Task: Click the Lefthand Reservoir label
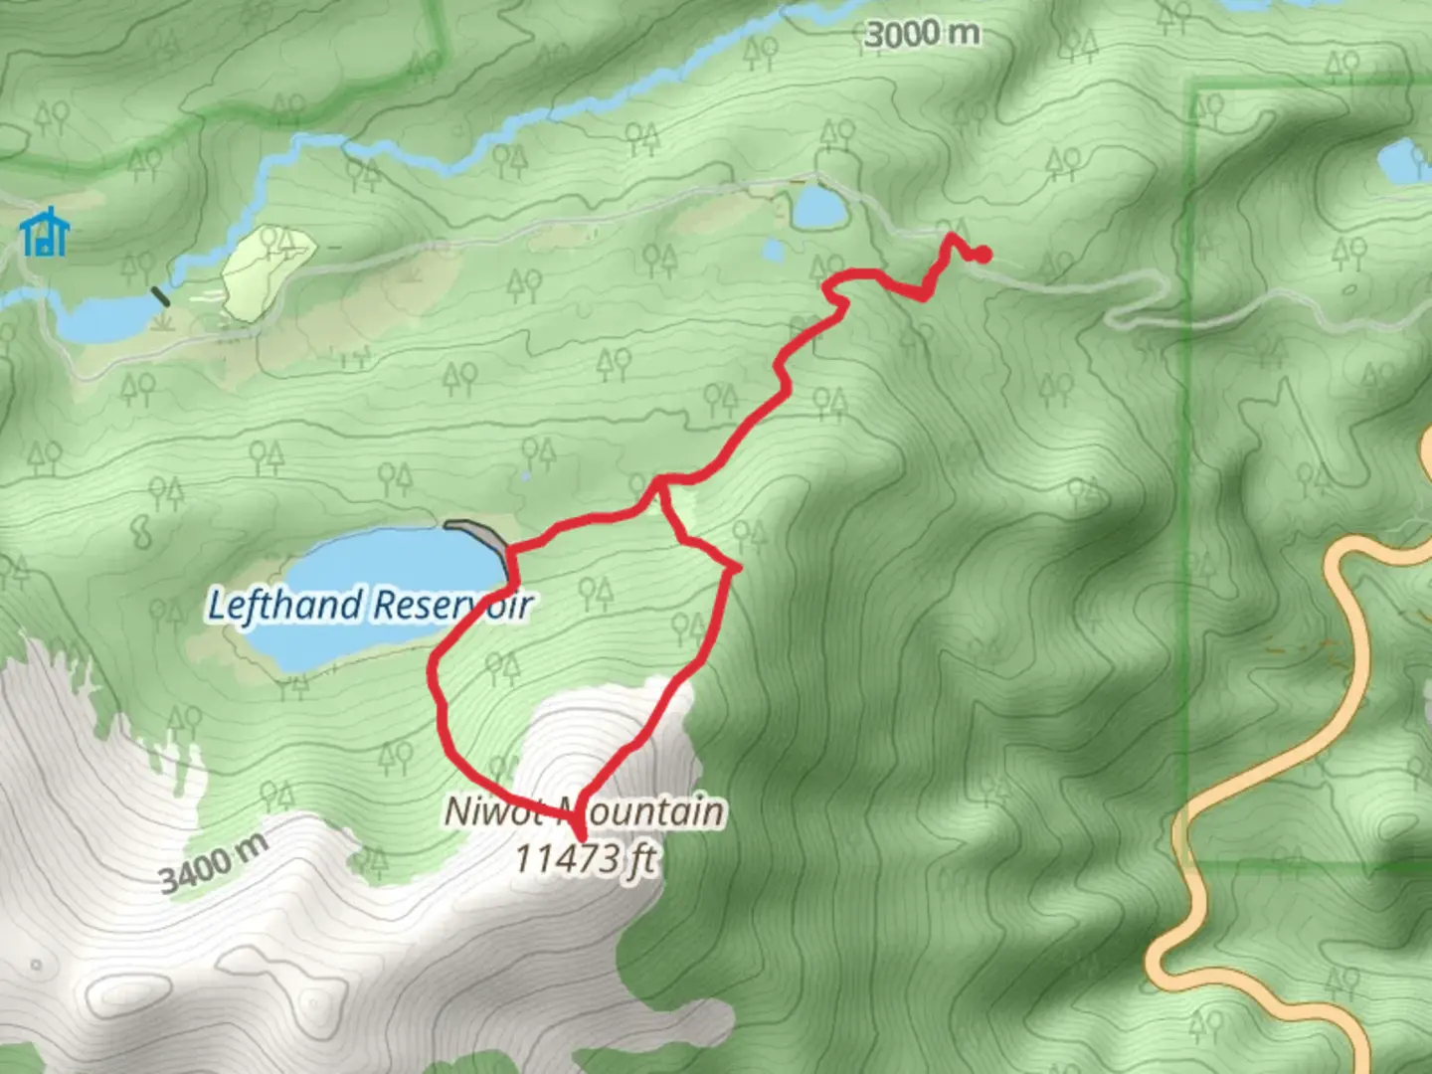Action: (369, 605)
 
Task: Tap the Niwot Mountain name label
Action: (584, 811)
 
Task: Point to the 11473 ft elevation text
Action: (585, 857)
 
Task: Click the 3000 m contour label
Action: (922, 35)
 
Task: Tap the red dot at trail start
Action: (983, 255)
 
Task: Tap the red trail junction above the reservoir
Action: (658, 484)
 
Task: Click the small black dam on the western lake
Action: (159, 295)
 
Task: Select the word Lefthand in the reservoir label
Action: (284, 605)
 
